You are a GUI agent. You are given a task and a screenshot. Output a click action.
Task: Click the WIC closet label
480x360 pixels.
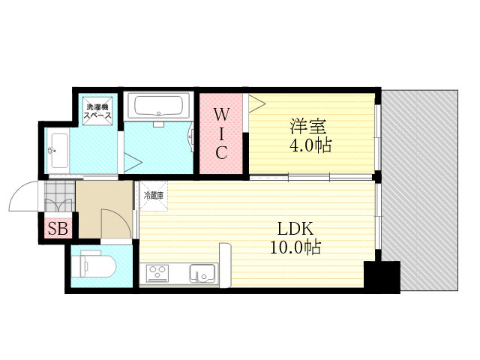[221, 133]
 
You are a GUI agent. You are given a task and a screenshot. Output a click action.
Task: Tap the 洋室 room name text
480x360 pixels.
[308, 126]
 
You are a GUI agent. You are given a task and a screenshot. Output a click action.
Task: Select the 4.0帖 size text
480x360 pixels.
[310, 145]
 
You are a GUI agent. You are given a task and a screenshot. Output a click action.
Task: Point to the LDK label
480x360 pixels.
[295, 229]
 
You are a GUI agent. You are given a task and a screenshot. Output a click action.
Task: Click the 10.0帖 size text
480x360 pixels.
[295, 247]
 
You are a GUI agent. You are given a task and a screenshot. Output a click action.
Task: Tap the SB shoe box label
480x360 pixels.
[58, 228]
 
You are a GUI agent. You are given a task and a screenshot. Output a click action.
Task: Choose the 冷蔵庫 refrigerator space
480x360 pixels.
[154, 196]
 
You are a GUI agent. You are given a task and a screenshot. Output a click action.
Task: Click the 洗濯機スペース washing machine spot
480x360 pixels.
[97, 111]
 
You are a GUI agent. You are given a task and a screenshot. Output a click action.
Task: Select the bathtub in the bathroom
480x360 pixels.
[158, 105]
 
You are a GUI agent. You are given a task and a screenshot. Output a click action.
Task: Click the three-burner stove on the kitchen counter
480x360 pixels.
[157, 273]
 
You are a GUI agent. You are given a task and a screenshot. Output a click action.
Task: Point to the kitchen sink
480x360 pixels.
[202, 273]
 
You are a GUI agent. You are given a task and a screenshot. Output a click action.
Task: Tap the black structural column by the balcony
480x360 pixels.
[382, 277]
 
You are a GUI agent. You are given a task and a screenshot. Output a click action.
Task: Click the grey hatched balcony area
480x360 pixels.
[420, 190]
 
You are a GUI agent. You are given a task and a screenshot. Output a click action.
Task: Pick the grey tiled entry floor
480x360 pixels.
[60, 196]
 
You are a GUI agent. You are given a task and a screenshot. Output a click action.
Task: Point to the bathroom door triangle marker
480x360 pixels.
[133, 162]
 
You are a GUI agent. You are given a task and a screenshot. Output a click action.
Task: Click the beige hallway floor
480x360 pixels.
[104, 209]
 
